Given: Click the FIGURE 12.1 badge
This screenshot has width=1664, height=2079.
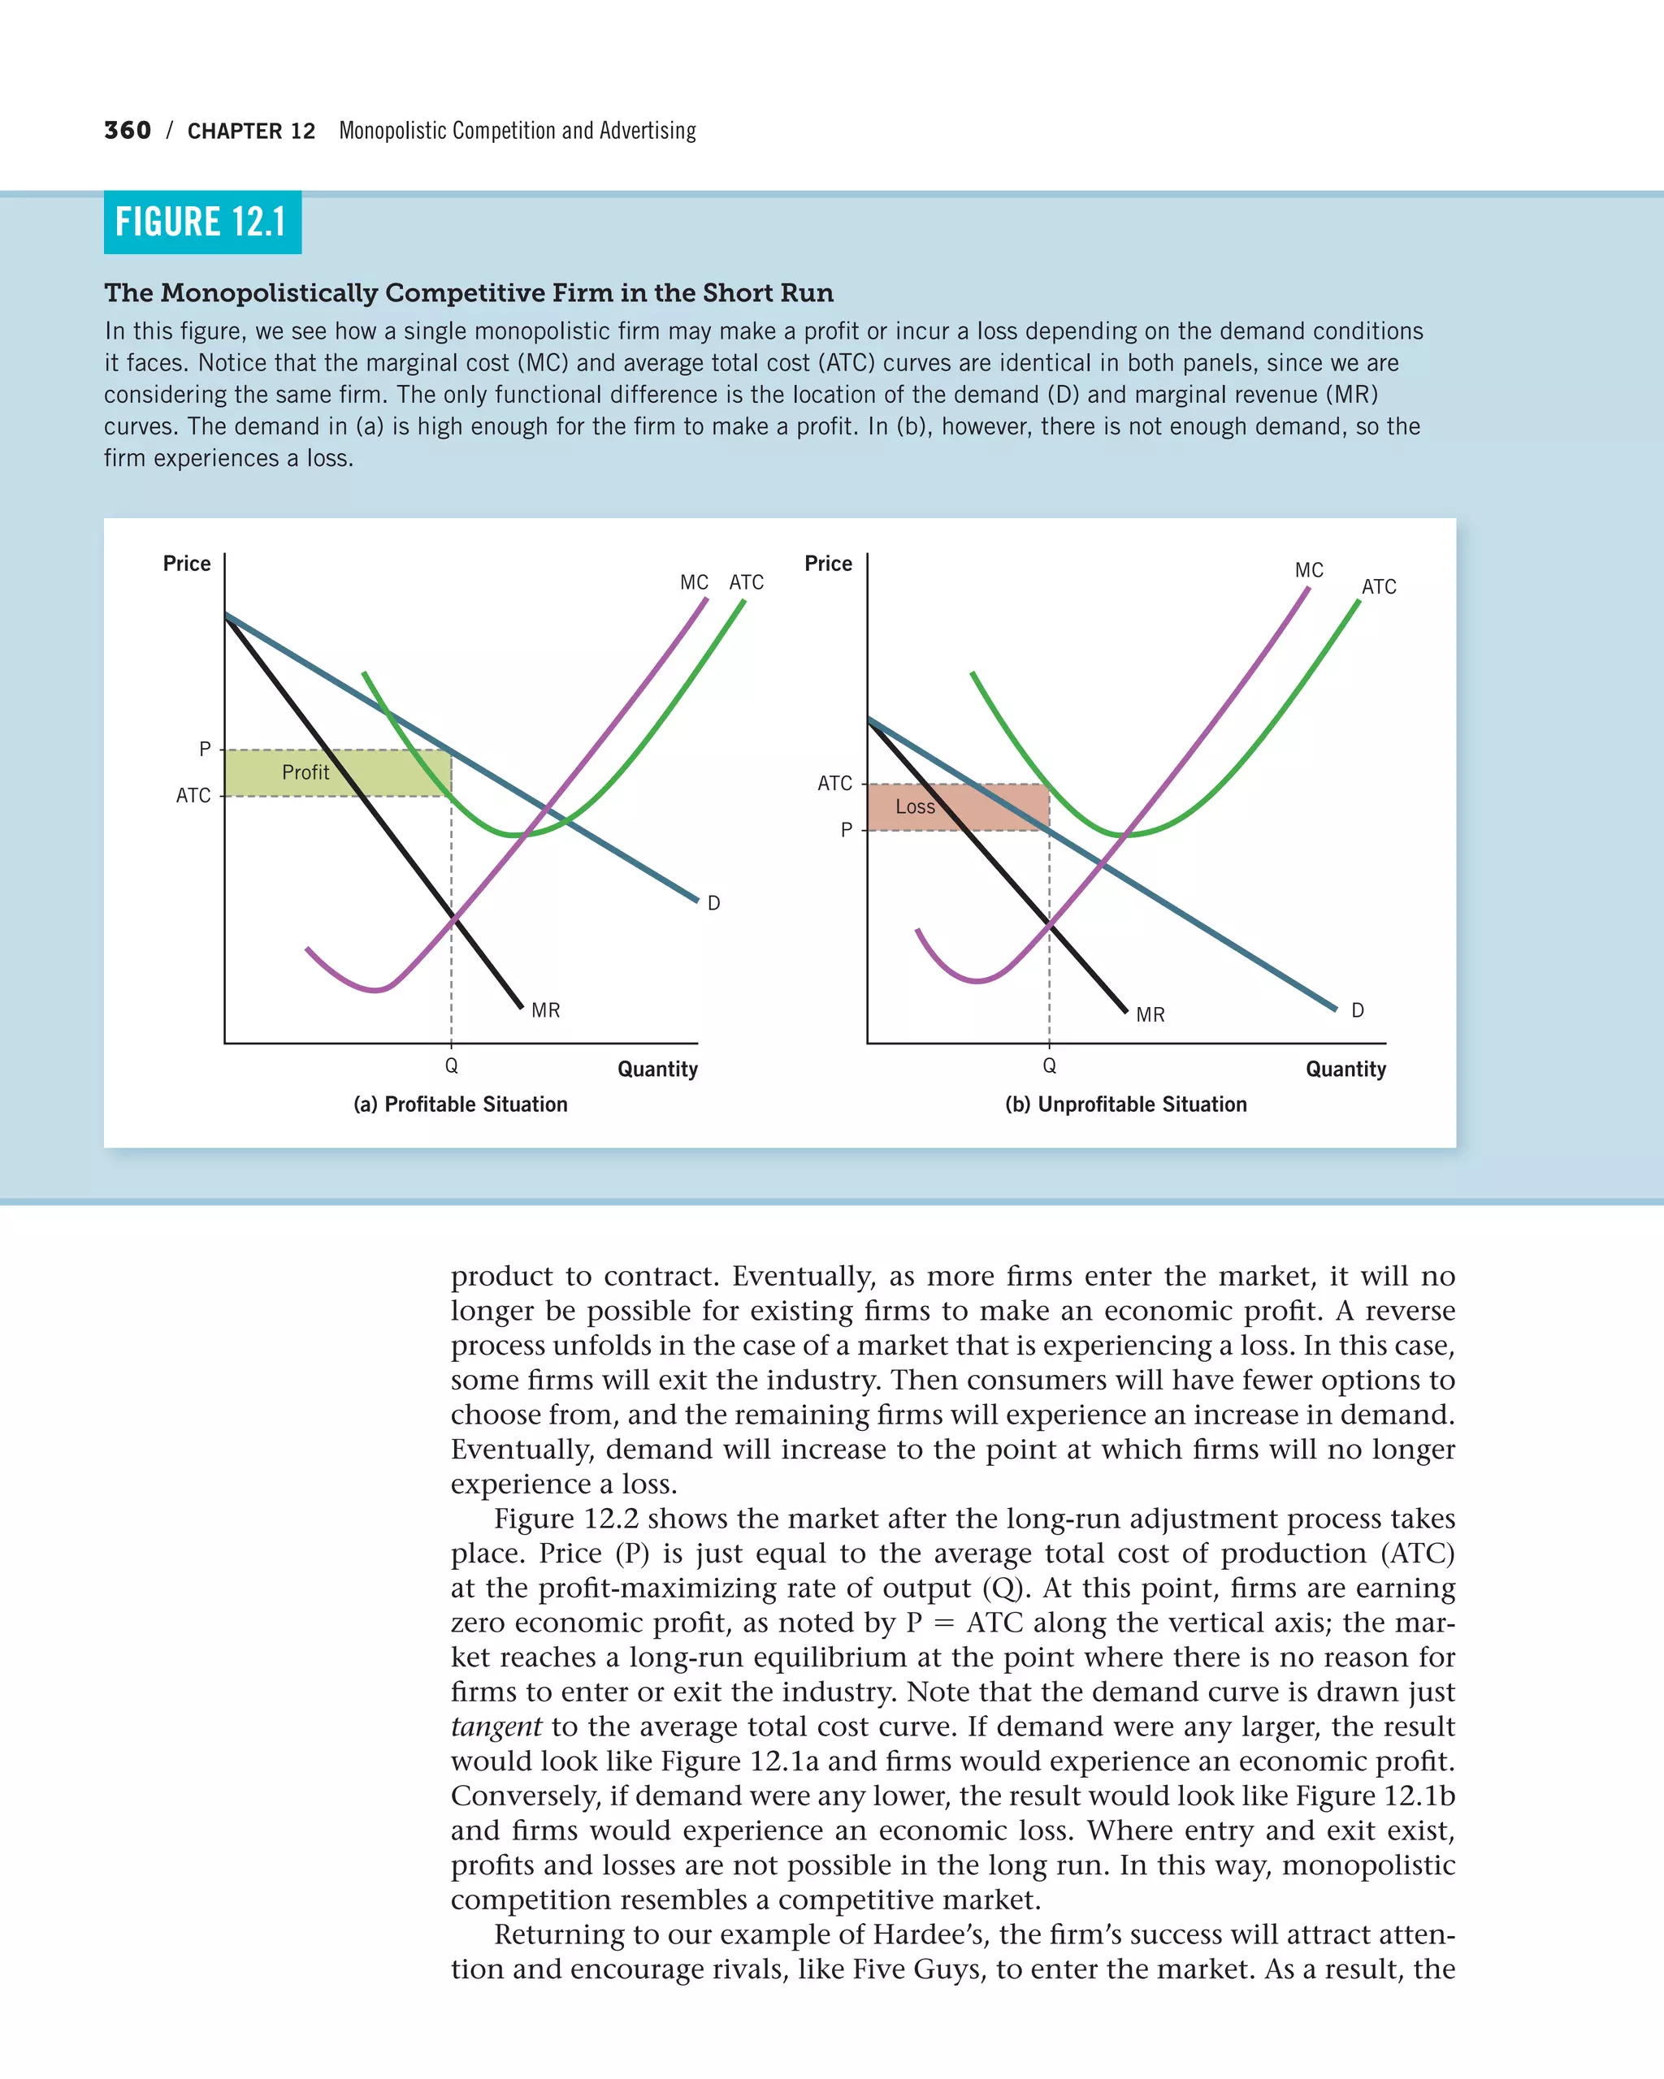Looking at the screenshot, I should point(201,223).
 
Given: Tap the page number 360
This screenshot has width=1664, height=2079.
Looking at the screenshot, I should point(128,130).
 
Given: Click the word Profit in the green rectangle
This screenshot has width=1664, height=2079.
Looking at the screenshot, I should point(305,772).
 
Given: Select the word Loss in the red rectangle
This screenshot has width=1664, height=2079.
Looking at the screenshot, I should point(915,807).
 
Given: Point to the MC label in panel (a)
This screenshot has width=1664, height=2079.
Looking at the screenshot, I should point(694,582).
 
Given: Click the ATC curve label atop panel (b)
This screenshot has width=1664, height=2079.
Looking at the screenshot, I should point(1379,586).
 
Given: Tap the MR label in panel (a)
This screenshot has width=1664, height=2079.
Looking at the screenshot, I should point(545,1010).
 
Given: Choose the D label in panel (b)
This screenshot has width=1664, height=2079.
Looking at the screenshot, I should point(1357,1010).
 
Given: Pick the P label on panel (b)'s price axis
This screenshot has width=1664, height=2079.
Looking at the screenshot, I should point(846,830).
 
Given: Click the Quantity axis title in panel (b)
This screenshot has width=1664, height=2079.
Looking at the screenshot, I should point(1345,1069).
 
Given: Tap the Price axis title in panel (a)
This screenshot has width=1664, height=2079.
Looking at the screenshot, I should point(186,563).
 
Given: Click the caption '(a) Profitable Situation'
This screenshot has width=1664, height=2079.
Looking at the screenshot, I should point(460,1104).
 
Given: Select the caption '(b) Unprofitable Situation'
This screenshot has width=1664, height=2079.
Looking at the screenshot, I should point(1126,1104).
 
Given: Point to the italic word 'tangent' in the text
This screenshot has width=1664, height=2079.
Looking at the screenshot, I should point(496,1726).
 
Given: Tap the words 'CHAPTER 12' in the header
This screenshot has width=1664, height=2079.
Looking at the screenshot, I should point(251,131).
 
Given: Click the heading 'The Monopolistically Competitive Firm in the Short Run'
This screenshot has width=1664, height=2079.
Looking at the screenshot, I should point(469,292).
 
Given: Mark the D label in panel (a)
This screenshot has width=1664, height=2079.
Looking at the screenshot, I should point(714,904).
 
